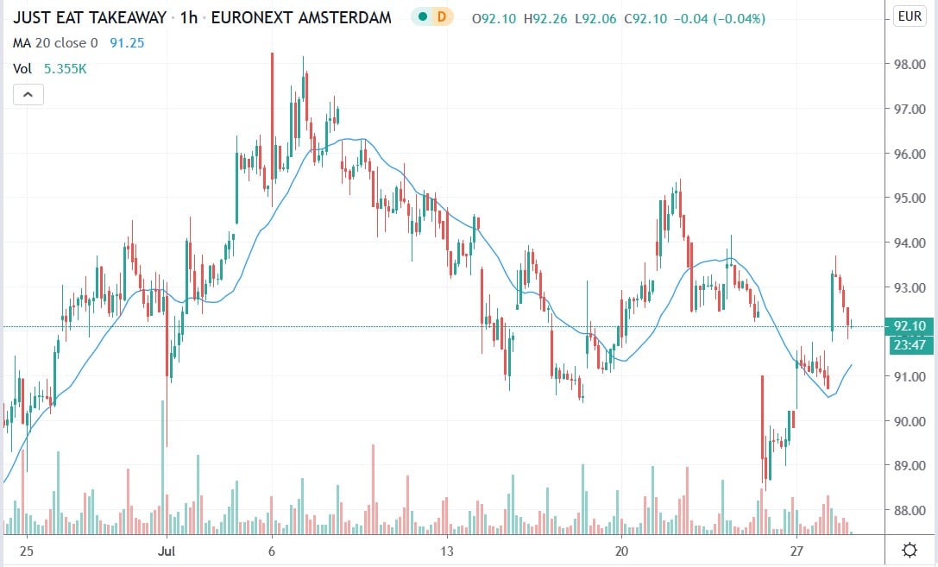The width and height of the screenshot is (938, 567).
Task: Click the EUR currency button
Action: click(x=910, y=16)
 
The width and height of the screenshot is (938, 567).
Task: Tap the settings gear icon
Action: click(x=910, y=550)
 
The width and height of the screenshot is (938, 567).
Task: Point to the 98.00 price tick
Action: click(x=911, y=65)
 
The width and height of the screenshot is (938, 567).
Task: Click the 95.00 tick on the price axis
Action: click(x=911, y=198)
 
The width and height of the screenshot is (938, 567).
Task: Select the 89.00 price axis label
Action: click(x=911, y=466)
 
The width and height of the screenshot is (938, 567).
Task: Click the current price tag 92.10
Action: click(x=911, y=325)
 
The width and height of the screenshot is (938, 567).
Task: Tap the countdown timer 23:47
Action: click(x=911, y=345)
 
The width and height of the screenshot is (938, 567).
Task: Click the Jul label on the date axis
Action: click(x=167, y=550)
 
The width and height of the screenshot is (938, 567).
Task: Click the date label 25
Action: click(x=27, y=550)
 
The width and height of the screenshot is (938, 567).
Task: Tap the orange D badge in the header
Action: click(x=442, y=17)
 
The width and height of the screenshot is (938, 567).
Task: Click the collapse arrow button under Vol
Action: click(x=28, y=95)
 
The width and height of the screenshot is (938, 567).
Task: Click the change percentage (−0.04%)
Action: click(x=734, y=18)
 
